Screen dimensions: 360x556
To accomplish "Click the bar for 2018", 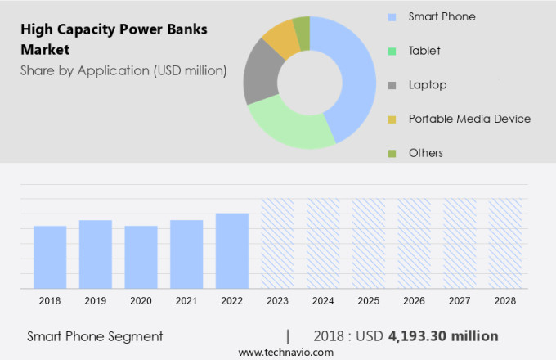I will [50, 257].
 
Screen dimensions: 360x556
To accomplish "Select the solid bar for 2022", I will [232, 250].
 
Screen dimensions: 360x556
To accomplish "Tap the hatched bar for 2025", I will [368, 243].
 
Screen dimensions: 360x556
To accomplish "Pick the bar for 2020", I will [141, 257].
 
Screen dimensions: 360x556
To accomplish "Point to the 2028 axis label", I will [504, 301].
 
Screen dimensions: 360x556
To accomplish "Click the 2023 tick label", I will [277, 301].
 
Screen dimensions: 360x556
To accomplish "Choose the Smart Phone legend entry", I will [442, 16].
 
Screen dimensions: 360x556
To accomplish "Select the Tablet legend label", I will [424, 51].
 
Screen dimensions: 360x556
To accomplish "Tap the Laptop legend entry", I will [428, 84].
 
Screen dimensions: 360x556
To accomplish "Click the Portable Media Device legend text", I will [469, 119].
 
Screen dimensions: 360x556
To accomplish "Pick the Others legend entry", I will [426, 153].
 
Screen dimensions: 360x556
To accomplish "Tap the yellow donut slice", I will [282, 37].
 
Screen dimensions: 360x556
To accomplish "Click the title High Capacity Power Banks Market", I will [114, 39].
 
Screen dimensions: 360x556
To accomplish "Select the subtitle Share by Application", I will [123, 70].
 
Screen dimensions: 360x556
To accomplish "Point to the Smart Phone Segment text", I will [95, 336].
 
